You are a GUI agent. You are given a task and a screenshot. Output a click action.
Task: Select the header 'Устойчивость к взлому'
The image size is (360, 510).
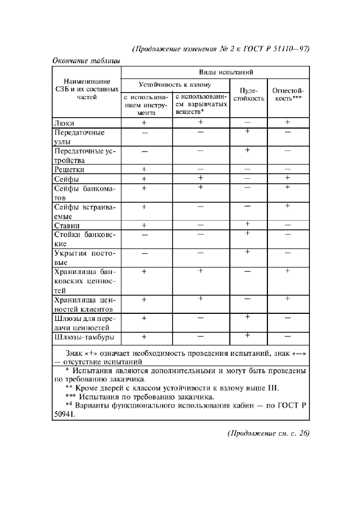175,85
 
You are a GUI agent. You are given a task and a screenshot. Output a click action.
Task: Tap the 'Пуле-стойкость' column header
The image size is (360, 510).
248,95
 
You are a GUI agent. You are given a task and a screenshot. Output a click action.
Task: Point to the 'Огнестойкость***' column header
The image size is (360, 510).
288,95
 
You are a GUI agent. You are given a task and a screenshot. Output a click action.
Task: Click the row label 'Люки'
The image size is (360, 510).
64,124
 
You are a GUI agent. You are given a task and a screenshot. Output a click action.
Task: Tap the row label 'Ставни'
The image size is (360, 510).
68,225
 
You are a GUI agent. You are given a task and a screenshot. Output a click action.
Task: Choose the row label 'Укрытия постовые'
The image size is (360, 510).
86,258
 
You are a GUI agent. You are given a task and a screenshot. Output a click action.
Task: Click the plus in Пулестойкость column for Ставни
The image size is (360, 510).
248,224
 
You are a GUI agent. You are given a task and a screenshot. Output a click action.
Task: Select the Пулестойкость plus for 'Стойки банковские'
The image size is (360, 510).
248,233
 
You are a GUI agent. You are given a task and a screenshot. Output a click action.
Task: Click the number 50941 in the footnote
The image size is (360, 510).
65,414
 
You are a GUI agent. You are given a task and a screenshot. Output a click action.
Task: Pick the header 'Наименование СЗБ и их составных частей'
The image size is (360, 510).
86,89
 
